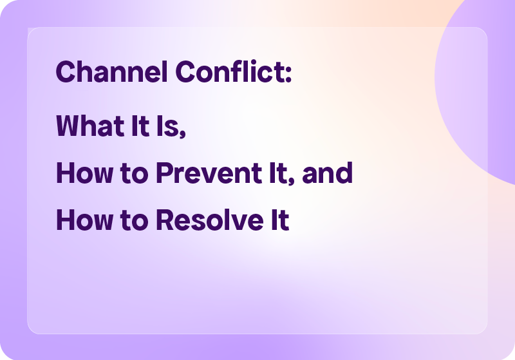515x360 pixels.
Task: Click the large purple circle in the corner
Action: point(480,84)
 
